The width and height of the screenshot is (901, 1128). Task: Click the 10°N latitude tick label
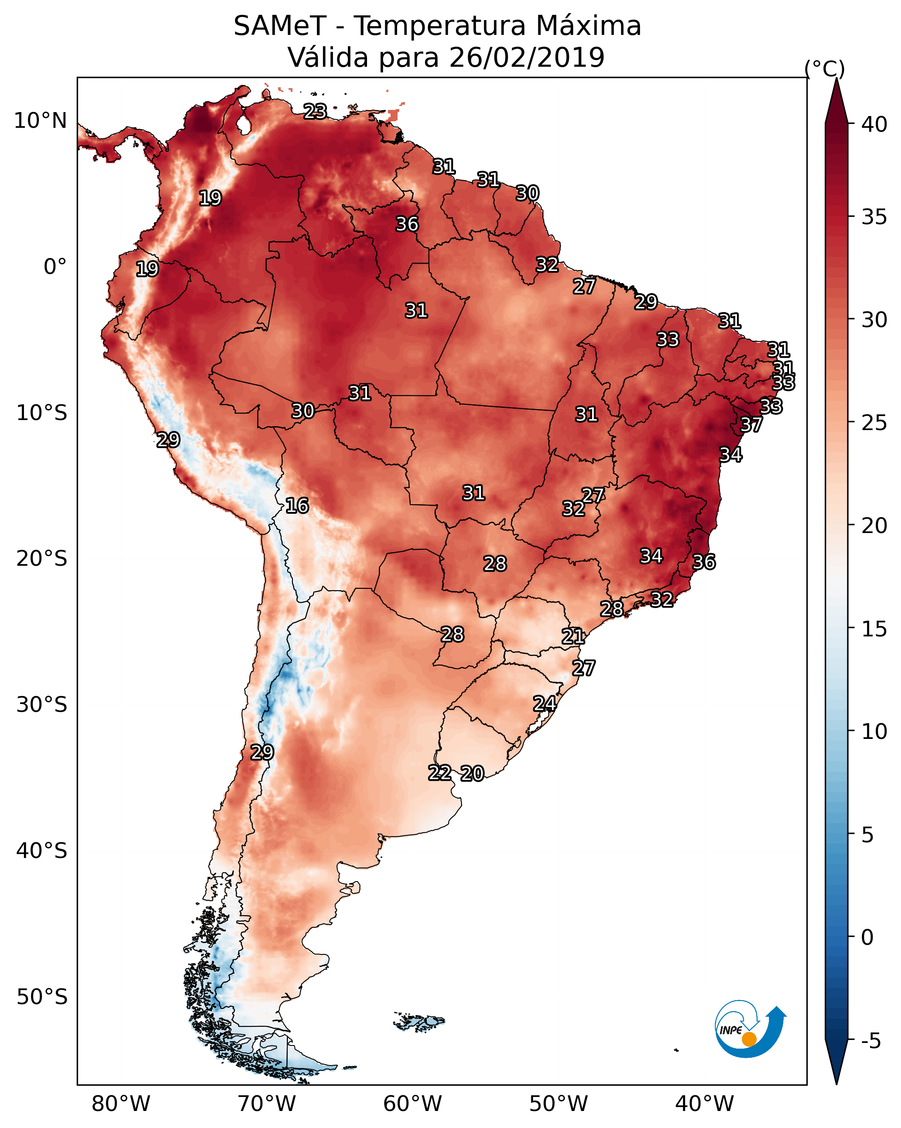coord(40,121)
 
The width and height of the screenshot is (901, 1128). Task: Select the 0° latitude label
coord(55,267)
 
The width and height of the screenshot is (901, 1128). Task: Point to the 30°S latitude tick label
coord(42,705)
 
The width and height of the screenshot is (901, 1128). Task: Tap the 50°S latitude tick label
coord(42,997)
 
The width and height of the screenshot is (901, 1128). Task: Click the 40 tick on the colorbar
coord(874,124)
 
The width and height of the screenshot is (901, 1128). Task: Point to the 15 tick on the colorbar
coord(874,629)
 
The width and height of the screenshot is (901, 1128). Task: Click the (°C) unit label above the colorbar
coord(825,68)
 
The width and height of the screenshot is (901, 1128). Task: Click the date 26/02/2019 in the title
coord(527,57)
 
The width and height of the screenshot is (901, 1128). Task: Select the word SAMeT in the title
coord(280,26)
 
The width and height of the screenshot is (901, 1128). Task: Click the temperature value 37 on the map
coord(751,425)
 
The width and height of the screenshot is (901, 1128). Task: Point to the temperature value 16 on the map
coord(297,506)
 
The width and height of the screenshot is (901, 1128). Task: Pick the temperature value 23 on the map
coord(315,111)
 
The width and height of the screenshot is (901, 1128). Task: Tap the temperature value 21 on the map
coord(573,636)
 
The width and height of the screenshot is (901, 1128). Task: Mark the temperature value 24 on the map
coord(544,703)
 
